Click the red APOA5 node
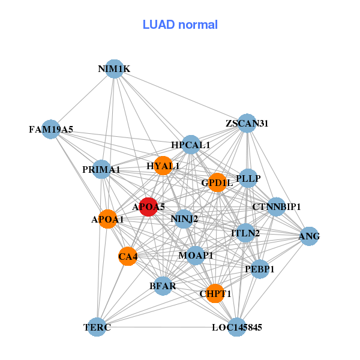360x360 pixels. [x=148, y=207]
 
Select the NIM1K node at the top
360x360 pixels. [x=114, y=69]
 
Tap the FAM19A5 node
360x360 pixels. [x=51, y=129]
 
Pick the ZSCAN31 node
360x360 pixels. [x=247, y=124]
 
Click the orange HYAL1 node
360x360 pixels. [x=163, y=166]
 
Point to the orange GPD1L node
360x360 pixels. [x=217, y=182]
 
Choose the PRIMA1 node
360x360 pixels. [x=101, y=170]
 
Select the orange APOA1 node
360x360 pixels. [x=107, y=220]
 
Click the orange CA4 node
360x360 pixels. [x=128, y=257]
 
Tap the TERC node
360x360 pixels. [x=97, y=327]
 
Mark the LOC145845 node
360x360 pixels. [x=237, y=327]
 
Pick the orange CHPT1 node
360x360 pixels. [x=215, y=293]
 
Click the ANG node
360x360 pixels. [x=309, y=236]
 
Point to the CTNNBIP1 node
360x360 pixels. [x=276, y=207]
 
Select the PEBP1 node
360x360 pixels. [x=260, y=269]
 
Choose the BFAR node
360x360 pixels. [x=163, y=286]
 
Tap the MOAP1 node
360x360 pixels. [x=196, y=256]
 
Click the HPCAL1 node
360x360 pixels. [x=191, y=145]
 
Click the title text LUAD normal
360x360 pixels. [x=180, y=25]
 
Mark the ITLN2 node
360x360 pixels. [x=245, y=233]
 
